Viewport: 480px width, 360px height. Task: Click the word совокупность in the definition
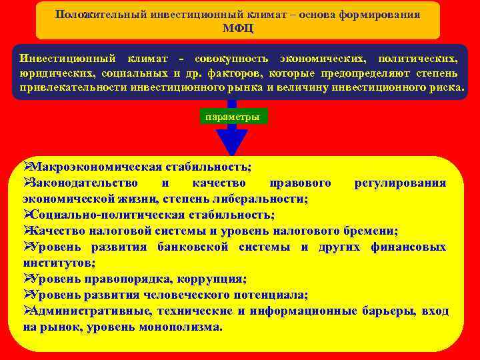[235, 59]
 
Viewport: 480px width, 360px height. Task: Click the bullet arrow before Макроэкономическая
[27, 167]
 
